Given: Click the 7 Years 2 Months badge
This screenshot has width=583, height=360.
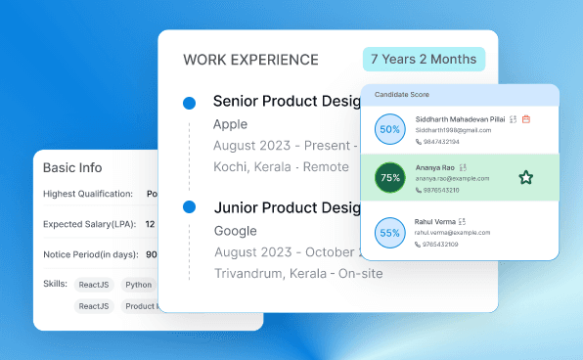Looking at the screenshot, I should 425,59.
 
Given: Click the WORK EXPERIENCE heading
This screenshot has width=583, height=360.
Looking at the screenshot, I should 250,60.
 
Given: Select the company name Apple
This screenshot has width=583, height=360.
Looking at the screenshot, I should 230,124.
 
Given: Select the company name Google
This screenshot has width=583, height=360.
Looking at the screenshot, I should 235,231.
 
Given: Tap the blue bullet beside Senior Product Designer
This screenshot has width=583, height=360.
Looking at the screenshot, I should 189,102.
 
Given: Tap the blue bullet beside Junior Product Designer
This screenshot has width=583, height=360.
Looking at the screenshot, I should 189,207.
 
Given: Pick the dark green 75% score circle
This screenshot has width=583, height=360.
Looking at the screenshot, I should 390,178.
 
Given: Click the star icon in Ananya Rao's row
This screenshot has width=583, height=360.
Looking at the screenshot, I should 526,177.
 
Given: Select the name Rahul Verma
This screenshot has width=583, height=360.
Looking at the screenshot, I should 434,221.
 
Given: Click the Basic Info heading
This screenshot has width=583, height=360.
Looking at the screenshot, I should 72,167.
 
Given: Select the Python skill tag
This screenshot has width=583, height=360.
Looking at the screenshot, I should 138,285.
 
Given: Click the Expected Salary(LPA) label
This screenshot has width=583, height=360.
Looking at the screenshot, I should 89,224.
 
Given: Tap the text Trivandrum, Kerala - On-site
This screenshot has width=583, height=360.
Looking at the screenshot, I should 297,273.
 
